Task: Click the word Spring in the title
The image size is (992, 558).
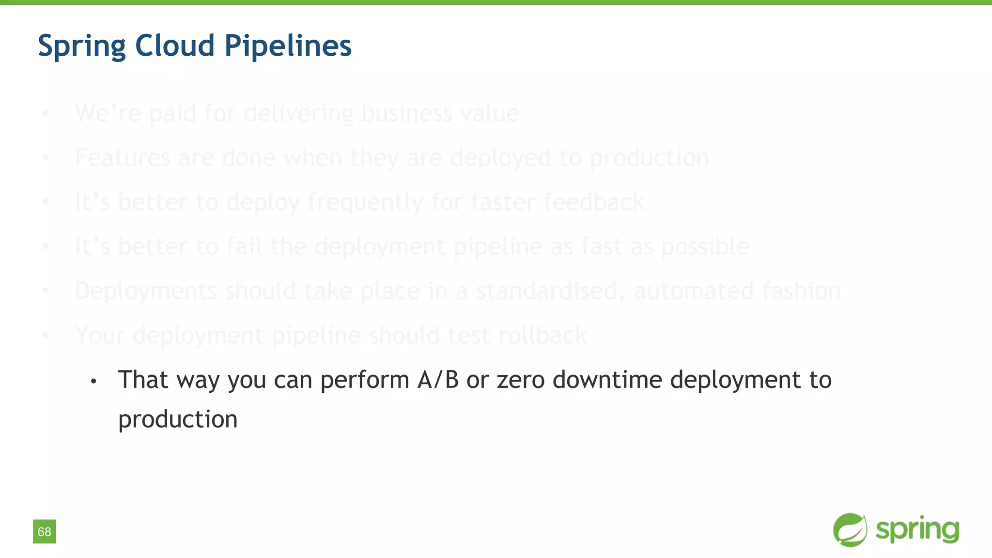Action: point(81,46)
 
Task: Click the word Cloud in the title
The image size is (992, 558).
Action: point(174,46)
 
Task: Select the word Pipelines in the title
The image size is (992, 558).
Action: point(288,46)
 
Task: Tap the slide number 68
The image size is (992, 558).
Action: point(45,532)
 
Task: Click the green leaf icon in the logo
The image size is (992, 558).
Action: point(850,530)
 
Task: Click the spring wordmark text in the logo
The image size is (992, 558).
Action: point(917,530)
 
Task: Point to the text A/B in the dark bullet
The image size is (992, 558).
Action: point(438,380)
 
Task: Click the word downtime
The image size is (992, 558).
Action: point(607,380)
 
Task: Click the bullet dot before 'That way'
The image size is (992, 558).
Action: point(93,382)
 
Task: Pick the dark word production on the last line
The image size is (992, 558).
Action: point(178,419)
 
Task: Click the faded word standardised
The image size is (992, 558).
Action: point(550,291)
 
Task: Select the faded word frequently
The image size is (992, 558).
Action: point(365,202)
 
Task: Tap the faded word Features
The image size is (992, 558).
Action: point(123,157)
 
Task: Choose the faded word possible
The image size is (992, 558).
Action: point(705,247)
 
